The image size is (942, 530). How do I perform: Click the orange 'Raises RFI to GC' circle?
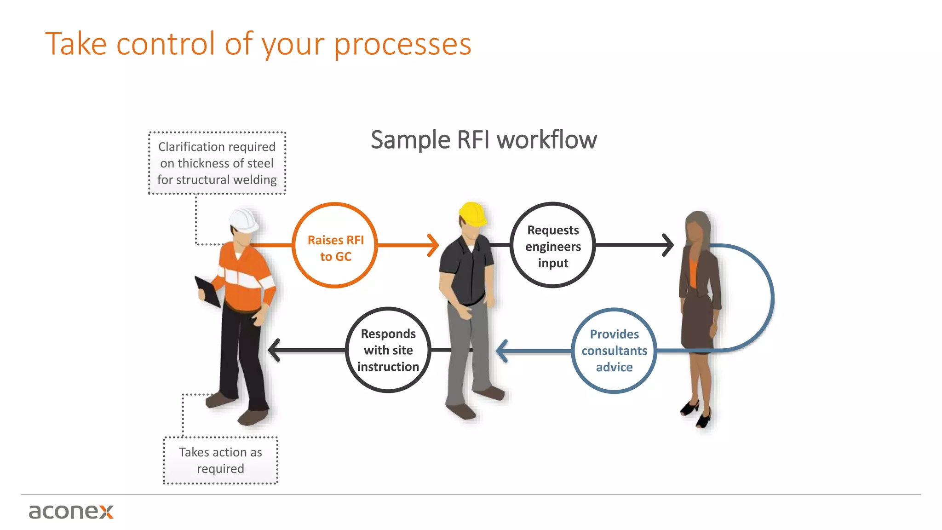click(x=335, y=245)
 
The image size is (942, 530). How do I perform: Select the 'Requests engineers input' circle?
click(x=553, y=245)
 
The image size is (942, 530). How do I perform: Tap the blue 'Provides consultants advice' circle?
click(x=614, y=351)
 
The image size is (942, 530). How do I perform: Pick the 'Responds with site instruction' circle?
click(x=388, y=350)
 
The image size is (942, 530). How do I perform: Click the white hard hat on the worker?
click(x=244, y=220)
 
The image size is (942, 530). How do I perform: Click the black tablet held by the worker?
click(x=208, y=291)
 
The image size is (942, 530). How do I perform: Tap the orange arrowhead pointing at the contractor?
click(x=433, y=245)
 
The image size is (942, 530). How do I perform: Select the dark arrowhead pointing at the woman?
click(x=668, y=245)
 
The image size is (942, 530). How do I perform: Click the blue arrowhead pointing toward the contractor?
click(x=502, y=351)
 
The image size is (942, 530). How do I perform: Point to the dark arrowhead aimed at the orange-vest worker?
click(x=274, y=350)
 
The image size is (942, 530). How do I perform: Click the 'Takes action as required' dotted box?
click(x=221, y=460)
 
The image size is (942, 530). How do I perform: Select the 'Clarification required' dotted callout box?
click(x=217, y=163)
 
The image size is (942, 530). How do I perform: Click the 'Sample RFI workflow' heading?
click(x=483, y=140)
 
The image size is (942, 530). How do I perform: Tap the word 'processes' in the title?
click(x=402, y=44)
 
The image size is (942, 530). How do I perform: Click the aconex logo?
click(x=71, y=511)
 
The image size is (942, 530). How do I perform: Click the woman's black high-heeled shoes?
click(x=695, y=413)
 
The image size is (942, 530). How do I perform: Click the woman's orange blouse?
click(x=693, y=273)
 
